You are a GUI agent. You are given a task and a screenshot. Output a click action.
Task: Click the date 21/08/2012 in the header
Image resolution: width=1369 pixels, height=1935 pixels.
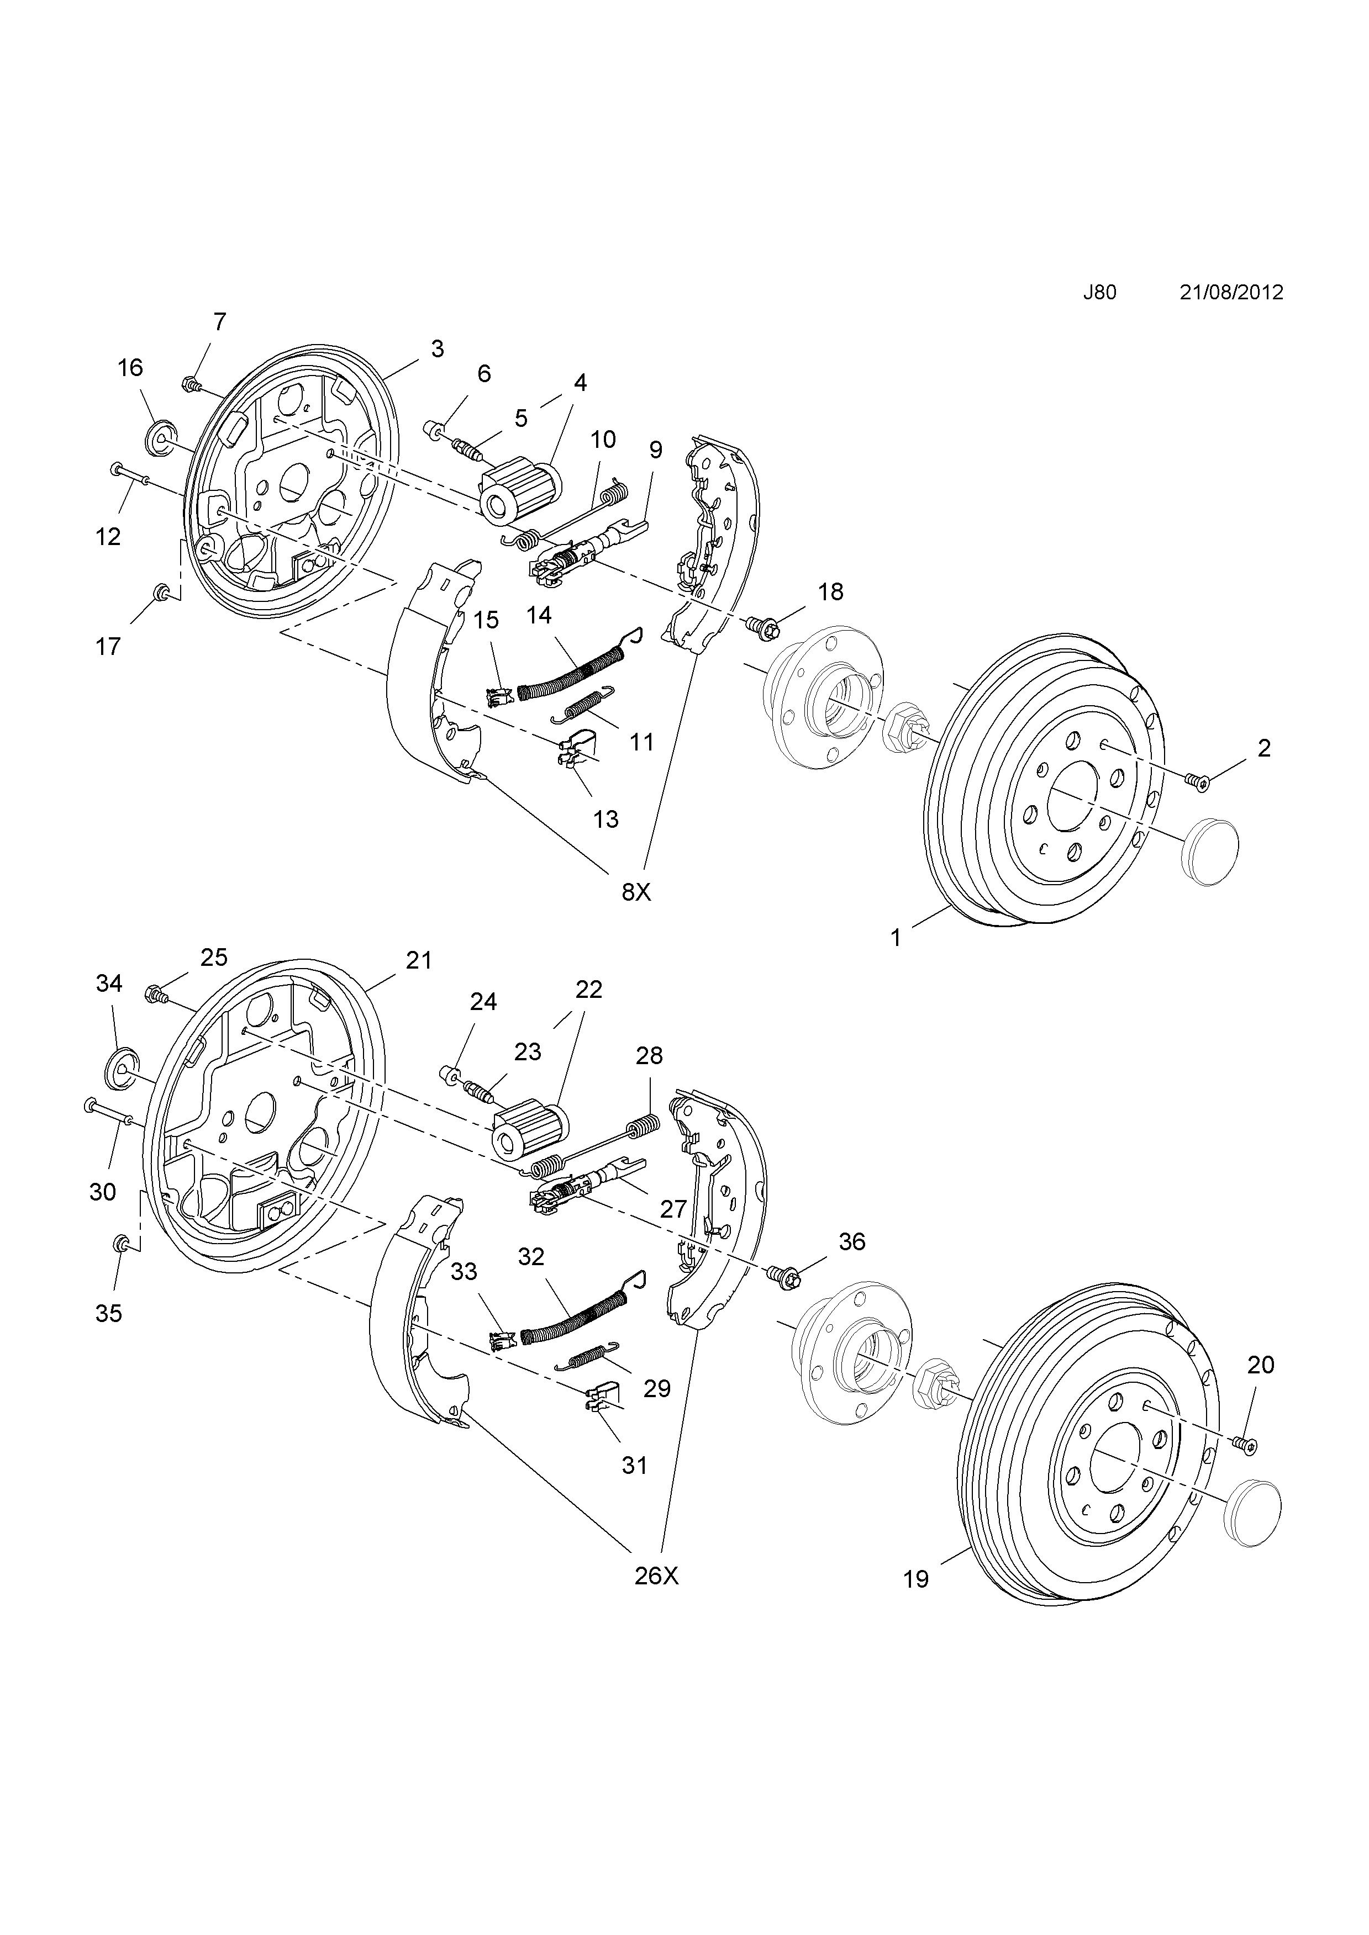click(x=1231, y=293)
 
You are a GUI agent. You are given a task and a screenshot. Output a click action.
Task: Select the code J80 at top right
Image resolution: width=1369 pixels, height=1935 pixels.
click(x=1099, y=293)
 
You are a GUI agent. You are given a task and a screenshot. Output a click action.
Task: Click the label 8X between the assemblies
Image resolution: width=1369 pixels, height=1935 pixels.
click(x=636, y=892)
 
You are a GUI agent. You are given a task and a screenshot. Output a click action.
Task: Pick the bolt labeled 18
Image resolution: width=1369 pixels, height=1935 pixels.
click(x=764, y=626)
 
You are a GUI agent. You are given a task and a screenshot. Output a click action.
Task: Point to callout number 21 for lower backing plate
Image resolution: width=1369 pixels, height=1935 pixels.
click(x=419, y=960)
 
